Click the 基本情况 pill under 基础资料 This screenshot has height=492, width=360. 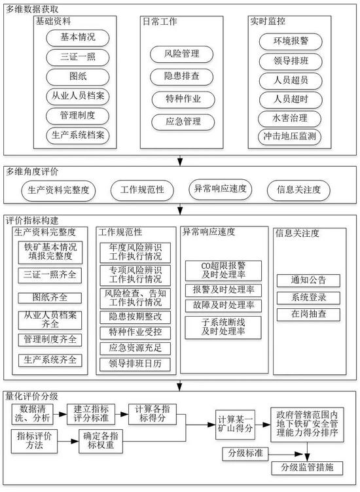(x=77, y=38)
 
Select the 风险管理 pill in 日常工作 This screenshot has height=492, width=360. (x=181, y=54)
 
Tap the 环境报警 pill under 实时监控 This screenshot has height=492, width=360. (x=291, y=41)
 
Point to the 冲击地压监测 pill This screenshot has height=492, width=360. (x=289, y=137)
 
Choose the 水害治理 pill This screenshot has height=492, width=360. (x=289, y=118)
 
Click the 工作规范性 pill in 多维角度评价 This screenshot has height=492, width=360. (x=142, y=190)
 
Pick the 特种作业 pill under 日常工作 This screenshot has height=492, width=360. (x=183, y=99)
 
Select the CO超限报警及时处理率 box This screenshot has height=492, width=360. (x=223, y=270)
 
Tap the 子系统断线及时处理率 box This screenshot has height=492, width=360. (x=223, y=328)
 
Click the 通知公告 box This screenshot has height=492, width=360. (x=308, y=281)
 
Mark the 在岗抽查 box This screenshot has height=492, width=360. (x=308, y=315)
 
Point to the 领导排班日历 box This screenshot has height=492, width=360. (x=135, y=364)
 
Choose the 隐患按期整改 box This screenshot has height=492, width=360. (x=135, y=317)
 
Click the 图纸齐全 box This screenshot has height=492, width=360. (x=50, y=298)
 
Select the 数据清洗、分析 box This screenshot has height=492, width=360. (x=32, y=414)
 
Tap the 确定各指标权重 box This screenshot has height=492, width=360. (x=100, y=441)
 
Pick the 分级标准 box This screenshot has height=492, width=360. (x=245, y=453)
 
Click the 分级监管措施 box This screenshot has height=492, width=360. (x=307, y=468)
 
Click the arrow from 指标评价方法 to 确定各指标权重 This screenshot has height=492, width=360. (x=68, y=442)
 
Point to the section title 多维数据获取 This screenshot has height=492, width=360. (x=32, y=10)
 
